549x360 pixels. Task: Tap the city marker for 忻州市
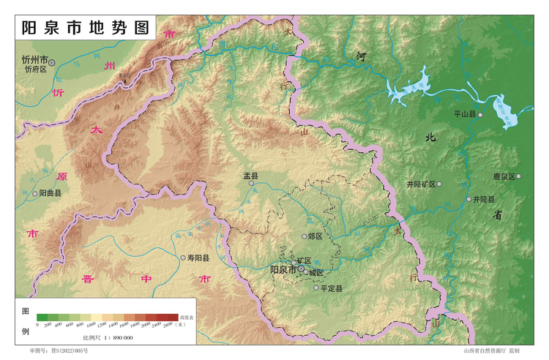click(x=52, y=63)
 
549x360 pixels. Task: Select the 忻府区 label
click(x=34, y=70)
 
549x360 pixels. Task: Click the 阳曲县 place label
click(x=50, y=194)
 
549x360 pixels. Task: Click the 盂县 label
click(x=251, y=176)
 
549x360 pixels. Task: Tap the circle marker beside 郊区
click(x=305, y=236)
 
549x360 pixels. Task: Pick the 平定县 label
click(x=332, y=288)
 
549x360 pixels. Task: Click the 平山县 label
click(x=464, y=115)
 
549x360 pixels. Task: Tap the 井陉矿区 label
click(x=421, y=184)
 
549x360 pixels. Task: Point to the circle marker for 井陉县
click(x=468, y=199)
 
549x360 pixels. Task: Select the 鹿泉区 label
click(x=504, y=176)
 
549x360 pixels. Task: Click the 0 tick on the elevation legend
click(x=37, y=323)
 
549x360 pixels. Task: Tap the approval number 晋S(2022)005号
click(x=59, y=352)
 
